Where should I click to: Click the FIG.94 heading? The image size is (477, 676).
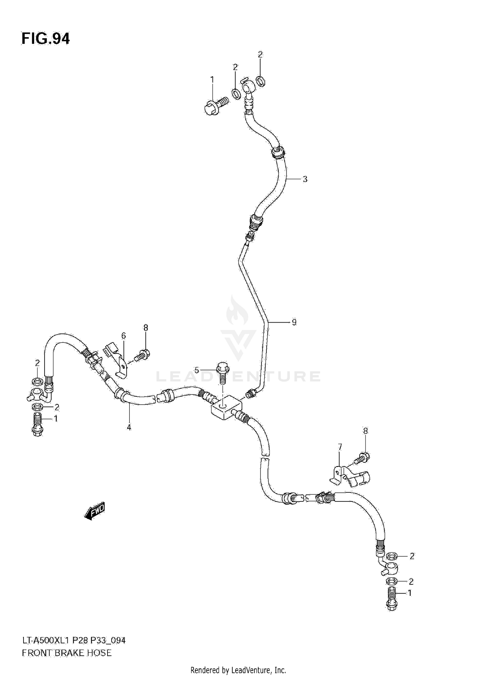[45, 39]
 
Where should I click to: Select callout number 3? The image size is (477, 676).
[305, 179]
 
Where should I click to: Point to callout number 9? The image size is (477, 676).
[294, 322]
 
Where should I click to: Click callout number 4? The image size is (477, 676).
[129, 428]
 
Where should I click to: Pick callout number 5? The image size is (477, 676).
[197, 370]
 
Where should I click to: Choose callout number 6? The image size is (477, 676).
[123, 336]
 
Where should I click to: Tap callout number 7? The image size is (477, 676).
[340, 447]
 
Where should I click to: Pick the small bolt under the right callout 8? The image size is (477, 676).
[362, 459]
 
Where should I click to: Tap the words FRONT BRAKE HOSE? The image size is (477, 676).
[67, 653]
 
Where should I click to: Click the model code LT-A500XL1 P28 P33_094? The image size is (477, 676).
[73, 640]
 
